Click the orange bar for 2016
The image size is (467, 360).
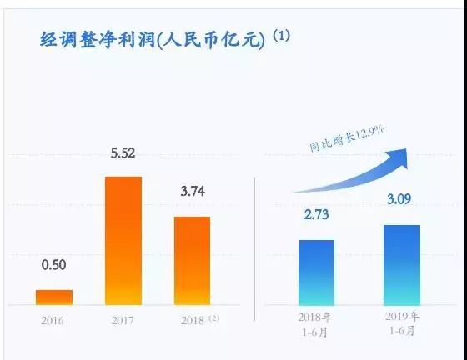point(53,297)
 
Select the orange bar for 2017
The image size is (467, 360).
point(123,241)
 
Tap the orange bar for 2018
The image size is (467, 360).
point(192,260)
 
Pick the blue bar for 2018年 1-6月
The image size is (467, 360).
point(316,272)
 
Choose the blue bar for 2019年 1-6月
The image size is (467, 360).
point(401,265)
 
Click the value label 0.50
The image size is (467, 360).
point(53,267)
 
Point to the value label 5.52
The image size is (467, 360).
point(123,153)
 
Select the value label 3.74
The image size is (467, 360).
point(192,192)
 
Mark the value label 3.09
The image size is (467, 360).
point(401,201)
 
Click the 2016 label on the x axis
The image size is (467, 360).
point(53,320)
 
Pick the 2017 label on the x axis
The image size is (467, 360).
point(123,320)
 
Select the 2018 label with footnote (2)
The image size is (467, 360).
point(195,320)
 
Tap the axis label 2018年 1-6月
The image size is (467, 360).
point(316,325)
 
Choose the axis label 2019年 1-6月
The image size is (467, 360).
point(402,325)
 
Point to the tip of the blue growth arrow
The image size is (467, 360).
point(408,149)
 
